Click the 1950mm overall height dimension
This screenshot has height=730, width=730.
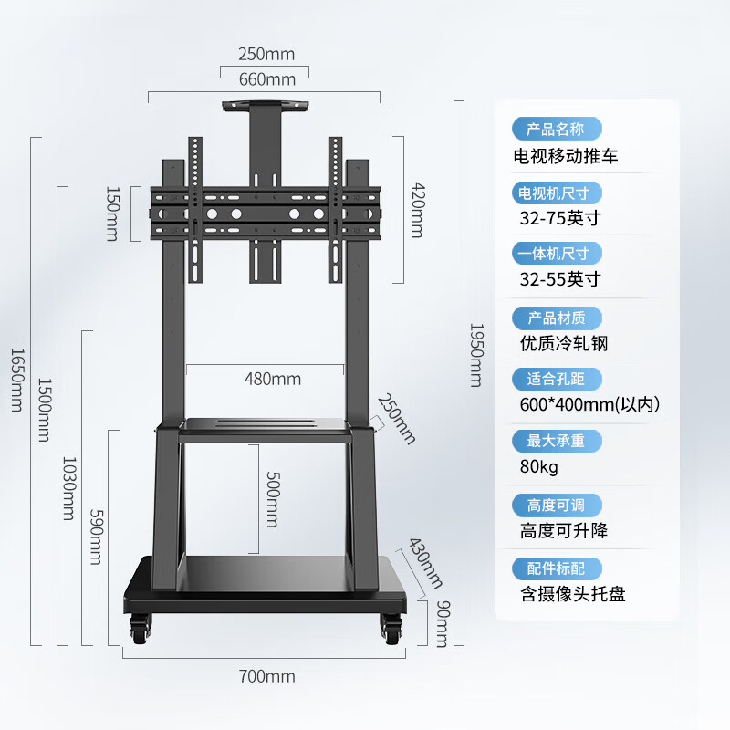[476, 354]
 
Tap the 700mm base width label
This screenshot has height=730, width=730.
[266, 676]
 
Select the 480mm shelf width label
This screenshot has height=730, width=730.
[273, 379]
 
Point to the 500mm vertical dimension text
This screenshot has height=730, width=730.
[271, 498]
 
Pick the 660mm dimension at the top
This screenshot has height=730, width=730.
[266, 79]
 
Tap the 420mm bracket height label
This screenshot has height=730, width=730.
[418, 210]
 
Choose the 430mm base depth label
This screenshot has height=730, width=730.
[424, 562]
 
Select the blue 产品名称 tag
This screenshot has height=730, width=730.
[556, 129]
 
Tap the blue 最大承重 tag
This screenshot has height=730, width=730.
[557, 441]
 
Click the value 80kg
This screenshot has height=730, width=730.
[539, 467]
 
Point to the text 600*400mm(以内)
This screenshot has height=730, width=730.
[589, 404]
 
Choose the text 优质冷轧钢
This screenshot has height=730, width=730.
[564, 343]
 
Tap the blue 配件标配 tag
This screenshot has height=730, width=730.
[557, 568]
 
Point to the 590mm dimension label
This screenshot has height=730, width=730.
[94, 537]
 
